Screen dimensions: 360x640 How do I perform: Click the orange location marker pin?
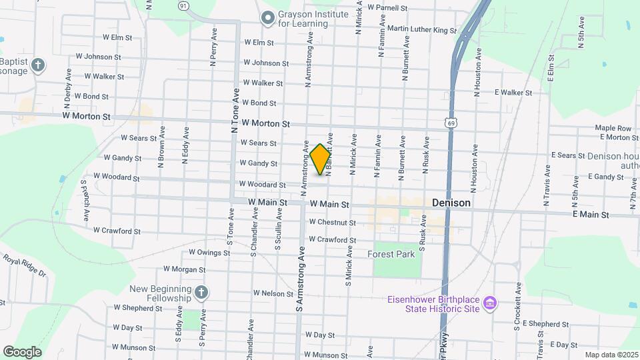pos(321,159)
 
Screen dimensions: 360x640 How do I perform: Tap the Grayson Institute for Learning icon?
pos(267,18)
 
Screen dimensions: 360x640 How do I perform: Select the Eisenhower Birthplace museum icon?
pos(490,303)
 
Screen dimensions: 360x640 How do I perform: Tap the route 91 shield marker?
pos(183,5)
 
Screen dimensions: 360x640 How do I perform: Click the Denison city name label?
pos(451,203)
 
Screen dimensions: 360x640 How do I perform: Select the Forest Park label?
pos(391,254)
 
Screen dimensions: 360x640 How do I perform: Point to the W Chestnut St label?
pos(332,222)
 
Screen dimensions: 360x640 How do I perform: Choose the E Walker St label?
pos(513,93)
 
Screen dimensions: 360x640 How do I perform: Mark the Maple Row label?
pos(613,128)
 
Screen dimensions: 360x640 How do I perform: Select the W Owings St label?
pos(209,252)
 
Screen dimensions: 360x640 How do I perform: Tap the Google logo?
pos(22,351)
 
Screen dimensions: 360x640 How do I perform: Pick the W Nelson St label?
pos(273,293)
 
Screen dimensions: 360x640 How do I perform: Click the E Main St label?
pos(591,215)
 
